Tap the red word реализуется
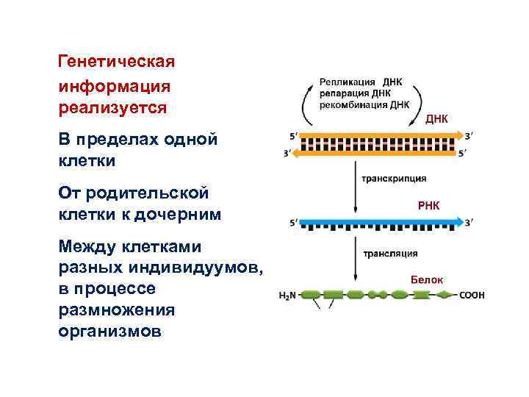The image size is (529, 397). coord(112,108)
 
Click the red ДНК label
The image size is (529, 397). coord(436,118)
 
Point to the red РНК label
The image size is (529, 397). coord(428,205)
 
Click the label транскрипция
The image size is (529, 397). coord(393,179)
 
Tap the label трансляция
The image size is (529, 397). coord(390,254)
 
